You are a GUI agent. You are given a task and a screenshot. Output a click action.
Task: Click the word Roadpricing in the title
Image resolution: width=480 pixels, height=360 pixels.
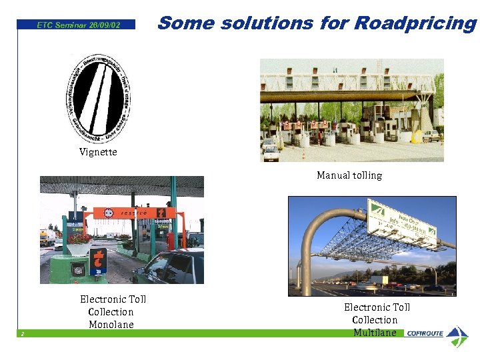(x=415, y=23)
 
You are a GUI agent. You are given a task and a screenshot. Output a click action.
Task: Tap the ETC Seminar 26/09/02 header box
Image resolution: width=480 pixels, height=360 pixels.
(x=78, y=25)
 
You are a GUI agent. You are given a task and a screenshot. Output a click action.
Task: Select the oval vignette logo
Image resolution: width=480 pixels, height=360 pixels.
(x=99, y=98)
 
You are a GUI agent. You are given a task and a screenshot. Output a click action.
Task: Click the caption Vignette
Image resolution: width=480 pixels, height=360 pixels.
(x=98, y=152)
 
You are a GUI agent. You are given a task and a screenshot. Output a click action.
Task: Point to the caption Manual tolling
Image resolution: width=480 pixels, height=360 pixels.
(x=349, y=175)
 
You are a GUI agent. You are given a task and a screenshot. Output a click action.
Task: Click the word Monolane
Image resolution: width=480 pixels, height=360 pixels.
(x=111, y=325)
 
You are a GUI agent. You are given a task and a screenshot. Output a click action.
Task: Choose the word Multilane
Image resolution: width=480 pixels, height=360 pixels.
(x=375, y=333)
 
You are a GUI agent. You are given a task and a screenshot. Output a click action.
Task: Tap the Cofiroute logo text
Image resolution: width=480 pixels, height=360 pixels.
(x=425, y=333)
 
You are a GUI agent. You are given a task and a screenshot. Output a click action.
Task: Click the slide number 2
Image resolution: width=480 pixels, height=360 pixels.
(x=23, y=333)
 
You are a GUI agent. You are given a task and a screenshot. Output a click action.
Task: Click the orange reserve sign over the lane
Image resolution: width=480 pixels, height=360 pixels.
(x=133, y=213)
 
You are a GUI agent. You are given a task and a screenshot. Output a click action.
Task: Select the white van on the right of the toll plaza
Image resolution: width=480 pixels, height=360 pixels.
(x=431, y=135)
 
